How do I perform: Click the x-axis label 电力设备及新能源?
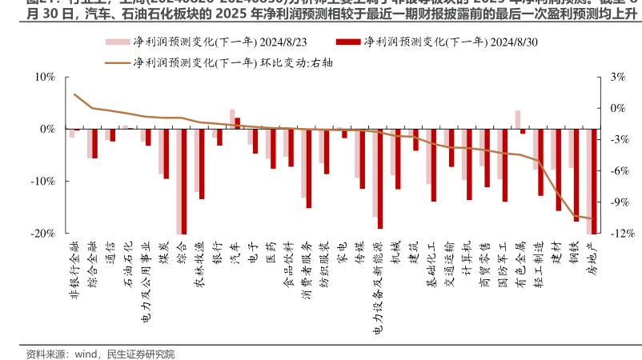click(x=379, y=287)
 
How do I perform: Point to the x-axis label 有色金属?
click(x=522, y=263)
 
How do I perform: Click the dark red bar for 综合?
click(x=183, y=182)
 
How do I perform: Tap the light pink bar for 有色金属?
click(x=517, y=119)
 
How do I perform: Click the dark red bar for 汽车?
click(x=238, y=123)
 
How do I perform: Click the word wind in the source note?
click(x=86, y=353)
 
